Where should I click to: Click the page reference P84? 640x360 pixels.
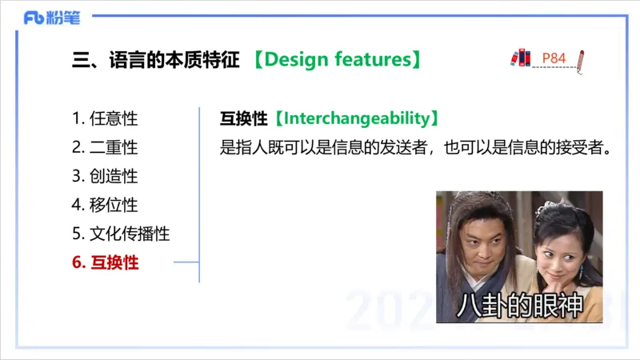click(554, 58)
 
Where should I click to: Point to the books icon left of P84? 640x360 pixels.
click(520, 58)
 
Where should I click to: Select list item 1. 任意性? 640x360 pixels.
click(105, 118)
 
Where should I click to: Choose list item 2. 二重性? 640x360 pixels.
click(105, 147)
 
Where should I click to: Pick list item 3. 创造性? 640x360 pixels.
click(105, 176)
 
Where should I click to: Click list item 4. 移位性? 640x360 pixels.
click(105, 205)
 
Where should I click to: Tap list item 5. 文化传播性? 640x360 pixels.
click(121, 234)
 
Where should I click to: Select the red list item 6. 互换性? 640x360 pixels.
click(105, 262)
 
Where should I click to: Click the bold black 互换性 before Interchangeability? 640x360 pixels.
click(243, 118)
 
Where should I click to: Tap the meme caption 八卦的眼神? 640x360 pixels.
click(518, 305)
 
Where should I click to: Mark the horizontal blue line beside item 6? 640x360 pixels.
click(186, 262)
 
